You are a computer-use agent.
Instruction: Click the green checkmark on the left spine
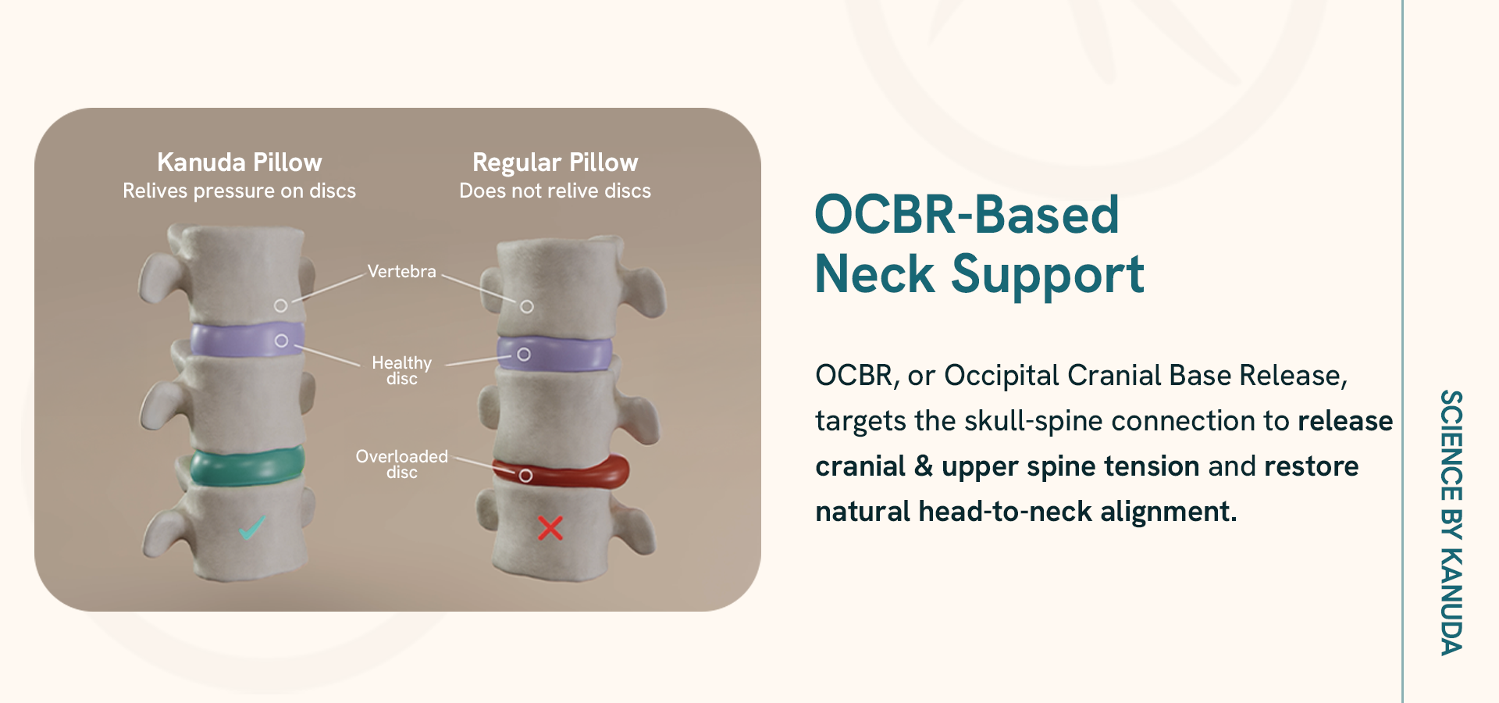(252, 529)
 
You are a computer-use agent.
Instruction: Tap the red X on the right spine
(550, 529)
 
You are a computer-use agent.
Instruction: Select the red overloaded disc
(561, 471)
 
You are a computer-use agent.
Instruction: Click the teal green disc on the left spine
(247, 466)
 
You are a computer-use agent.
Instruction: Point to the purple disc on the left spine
(247, 340)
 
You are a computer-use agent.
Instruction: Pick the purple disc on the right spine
(555, 353)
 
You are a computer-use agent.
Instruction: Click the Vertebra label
(402, 272)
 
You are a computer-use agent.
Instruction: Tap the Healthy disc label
(402, 370)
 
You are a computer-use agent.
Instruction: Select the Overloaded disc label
(402, 464)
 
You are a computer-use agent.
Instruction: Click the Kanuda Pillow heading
(240, 162)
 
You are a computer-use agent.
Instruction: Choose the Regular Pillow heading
(555, 163)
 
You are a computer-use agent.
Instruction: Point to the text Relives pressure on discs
(240, 191)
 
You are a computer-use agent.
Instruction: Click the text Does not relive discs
(555, 191)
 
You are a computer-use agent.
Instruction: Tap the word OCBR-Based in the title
(967, 214)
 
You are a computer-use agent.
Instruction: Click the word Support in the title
(1048, 275)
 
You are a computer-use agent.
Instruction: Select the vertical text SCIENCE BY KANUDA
(1451, 522)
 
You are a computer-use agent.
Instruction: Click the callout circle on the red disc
(525, 476)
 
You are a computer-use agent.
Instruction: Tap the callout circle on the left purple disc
(281, 341)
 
